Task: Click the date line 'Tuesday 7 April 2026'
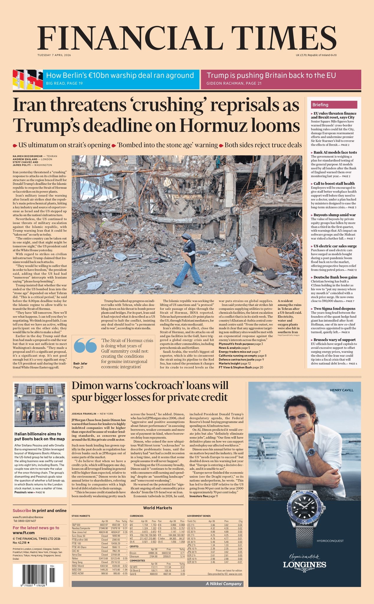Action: [x=54, y=55]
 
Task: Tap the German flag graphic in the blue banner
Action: [x=27, y=80]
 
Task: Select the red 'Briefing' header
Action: [x=334, y=105]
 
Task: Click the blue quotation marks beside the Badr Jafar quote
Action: [x=85, y=345]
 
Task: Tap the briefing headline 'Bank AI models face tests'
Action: [x=335, y=152]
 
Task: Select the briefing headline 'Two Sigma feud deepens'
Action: [x=334, y=308]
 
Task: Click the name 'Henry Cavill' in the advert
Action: [x=341, y=390]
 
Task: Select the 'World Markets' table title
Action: [x=158, y=508]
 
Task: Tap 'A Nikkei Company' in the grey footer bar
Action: [x=223, y=584]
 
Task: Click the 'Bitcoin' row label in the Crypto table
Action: [x=133, y=553]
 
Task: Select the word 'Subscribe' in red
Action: [x=22, y=511]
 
